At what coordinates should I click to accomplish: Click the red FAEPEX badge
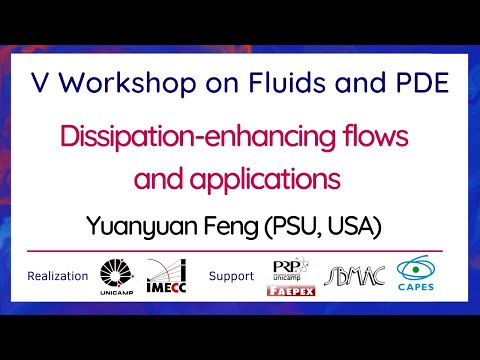click(x=292, y=290)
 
